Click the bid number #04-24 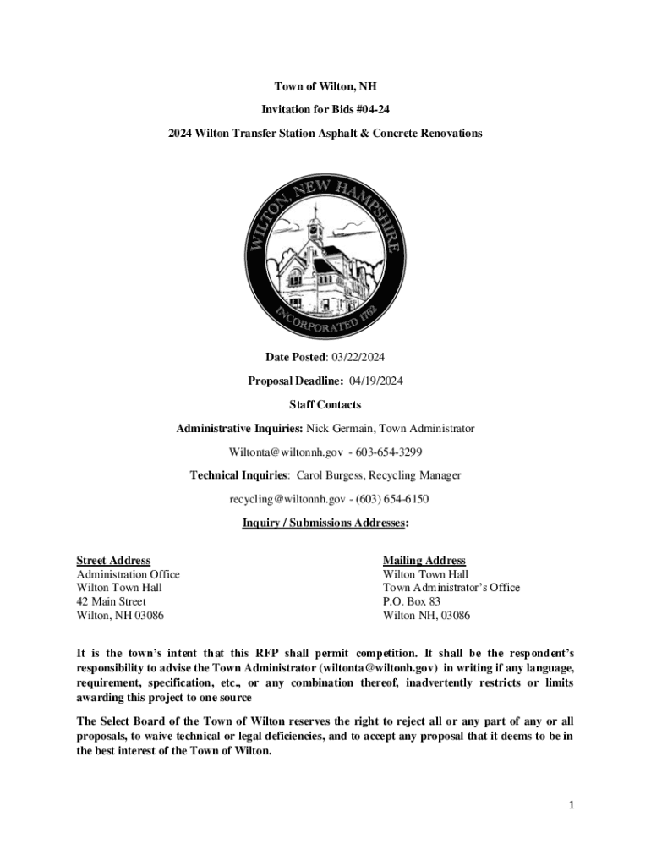coord(372,111)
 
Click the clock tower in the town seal coord(315,233)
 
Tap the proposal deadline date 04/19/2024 coord(375,381)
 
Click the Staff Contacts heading coord(325,405)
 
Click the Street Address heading coord(113,561)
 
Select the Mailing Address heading coord(424,561)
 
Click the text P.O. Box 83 coord(411,601)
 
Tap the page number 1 coord(571,805)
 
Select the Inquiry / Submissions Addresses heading coord(325,523)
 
